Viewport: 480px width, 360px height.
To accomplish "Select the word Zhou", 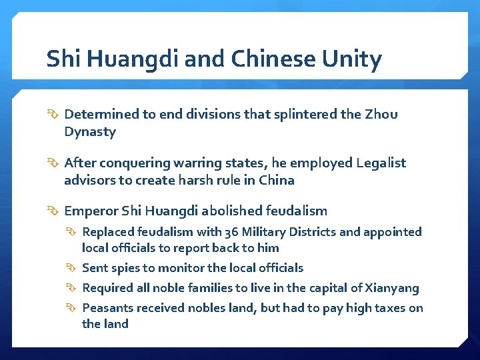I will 381,114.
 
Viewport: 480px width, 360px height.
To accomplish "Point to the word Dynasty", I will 90,132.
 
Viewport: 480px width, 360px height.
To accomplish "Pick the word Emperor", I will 91,211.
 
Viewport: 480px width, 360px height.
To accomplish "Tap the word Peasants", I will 107,307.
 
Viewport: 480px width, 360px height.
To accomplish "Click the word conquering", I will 127,163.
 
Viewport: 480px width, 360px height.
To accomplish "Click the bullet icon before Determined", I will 54,115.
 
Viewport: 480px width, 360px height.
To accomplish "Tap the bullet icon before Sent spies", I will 73,268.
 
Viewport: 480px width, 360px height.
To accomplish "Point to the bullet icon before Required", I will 73,288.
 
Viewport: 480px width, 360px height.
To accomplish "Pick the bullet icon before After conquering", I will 54,163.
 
